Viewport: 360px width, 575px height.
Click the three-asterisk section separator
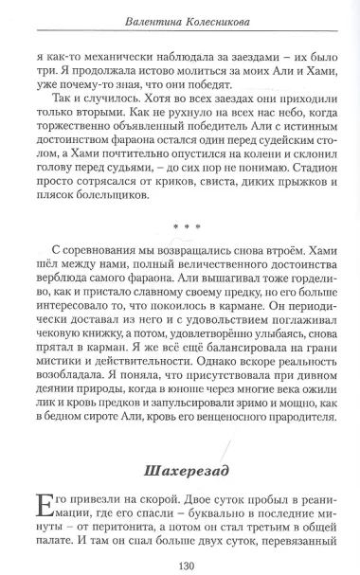pos(179,227)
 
